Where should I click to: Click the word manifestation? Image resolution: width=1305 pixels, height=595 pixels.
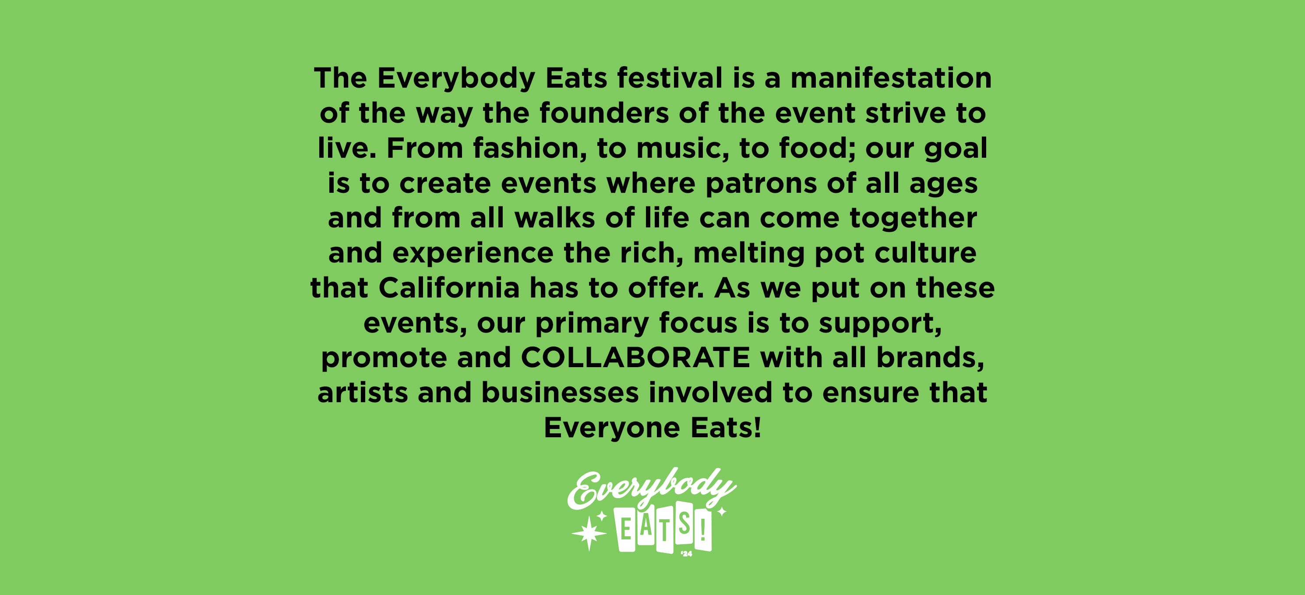[x=891, y=78]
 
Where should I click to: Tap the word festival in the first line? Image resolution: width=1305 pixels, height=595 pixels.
[x=669, y=78]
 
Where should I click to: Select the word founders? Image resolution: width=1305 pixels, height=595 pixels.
[x=604, y=113]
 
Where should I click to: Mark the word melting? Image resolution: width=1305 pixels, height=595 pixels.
[x=749, y=253]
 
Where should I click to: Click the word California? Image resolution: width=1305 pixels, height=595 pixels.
[x=449, y=288]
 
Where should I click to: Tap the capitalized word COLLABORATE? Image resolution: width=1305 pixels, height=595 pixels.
[x=635, y=358]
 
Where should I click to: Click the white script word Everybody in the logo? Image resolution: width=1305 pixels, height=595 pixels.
[x=652, y=489]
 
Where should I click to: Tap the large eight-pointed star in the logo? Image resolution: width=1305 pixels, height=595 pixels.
[x=589, y=534]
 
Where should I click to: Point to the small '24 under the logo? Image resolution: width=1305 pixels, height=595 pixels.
[x=687, y=554]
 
